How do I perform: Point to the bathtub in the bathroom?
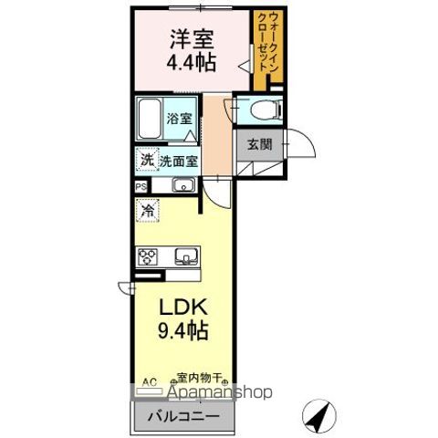tap(151, 119)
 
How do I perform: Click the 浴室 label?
tap(180, 118)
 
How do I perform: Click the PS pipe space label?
tap(141, 186)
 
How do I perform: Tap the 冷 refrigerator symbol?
tap(148, 211)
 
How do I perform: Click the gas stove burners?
tap(148, 256)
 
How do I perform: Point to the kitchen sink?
tap(187, 256)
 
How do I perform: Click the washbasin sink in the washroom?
tap(182, 186)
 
